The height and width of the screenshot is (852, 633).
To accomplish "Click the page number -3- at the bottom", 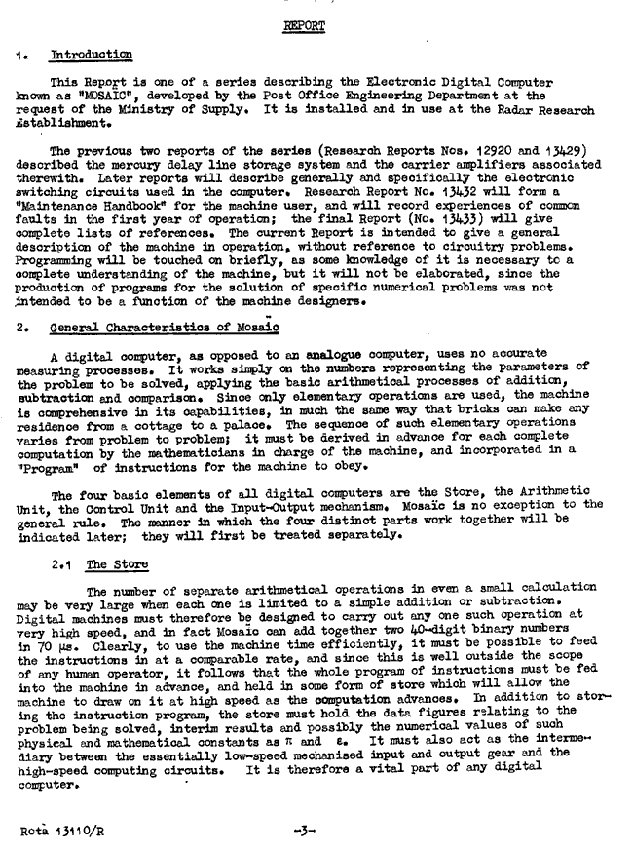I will [304, 831].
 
